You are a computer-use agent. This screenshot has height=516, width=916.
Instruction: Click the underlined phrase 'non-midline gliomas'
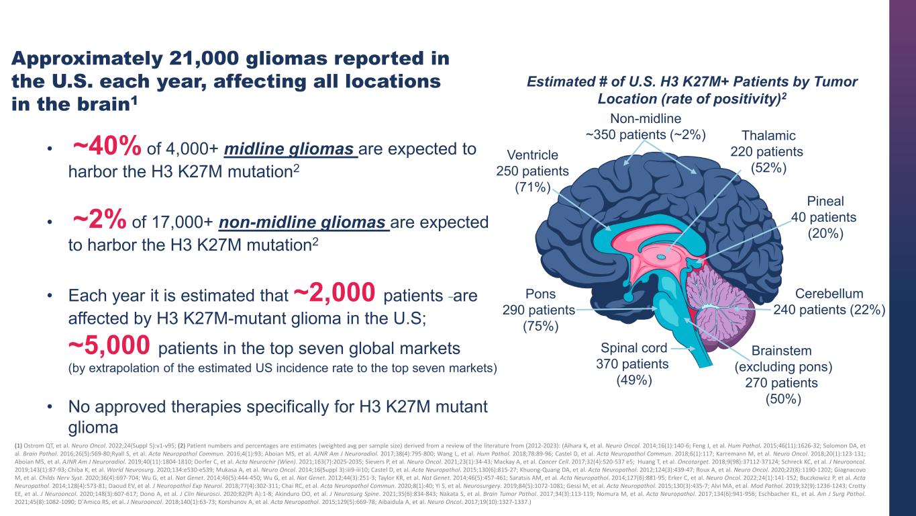tap(305, 222)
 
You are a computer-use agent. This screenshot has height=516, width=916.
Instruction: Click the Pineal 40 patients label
tap(824, 216)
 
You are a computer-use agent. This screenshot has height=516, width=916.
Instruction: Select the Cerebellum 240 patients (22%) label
tap(829, 302)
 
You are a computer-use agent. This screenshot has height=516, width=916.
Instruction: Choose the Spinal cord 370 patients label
tap(632, 363)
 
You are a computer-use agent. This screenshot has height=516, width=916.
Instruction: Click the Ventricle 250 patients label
tap(532, 171)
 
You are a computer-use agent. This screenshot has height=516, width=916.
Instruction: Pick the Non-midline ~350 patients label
tap(646, 126)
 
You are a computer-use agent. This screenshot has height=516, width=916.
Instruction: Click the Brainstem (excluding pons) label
tap(782, 374)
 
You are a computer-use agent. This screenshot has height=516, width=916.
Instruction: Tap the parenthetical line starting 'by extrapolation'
tap(283, 368)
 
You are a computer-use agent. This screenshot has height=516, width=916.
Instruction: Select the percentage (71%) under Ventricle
tap(532, 187)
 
